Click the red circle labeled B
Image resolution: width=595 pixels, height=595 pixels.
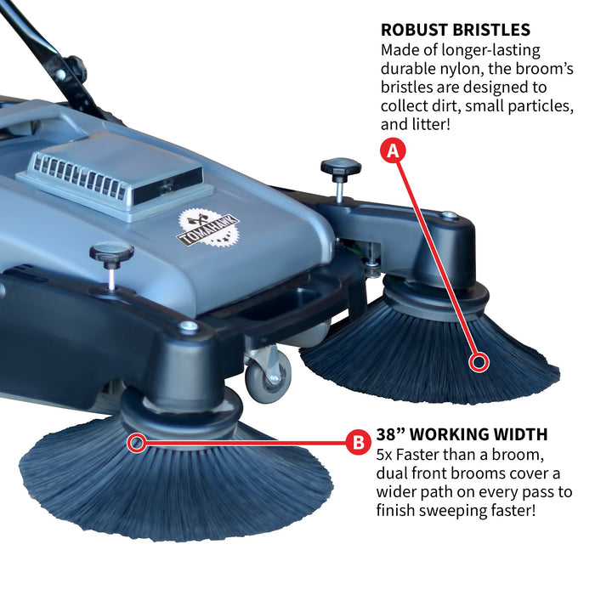358,442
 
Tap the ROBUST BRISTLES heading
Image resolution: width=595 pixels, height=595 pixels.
456,31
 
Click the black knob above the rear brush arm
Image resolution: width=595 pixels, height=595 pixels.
340,167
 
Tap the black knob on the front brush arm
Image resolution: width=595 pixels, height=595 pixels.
112,253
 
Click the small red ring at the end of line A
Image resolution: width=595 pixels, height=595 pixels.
480,363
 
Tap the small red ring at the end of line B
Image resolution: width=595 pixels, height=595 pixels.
135,442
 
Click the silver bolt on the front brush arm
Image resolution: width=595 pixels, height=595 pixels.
189,326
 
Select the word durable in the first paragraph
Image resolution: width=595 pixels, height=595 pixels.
409,71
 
